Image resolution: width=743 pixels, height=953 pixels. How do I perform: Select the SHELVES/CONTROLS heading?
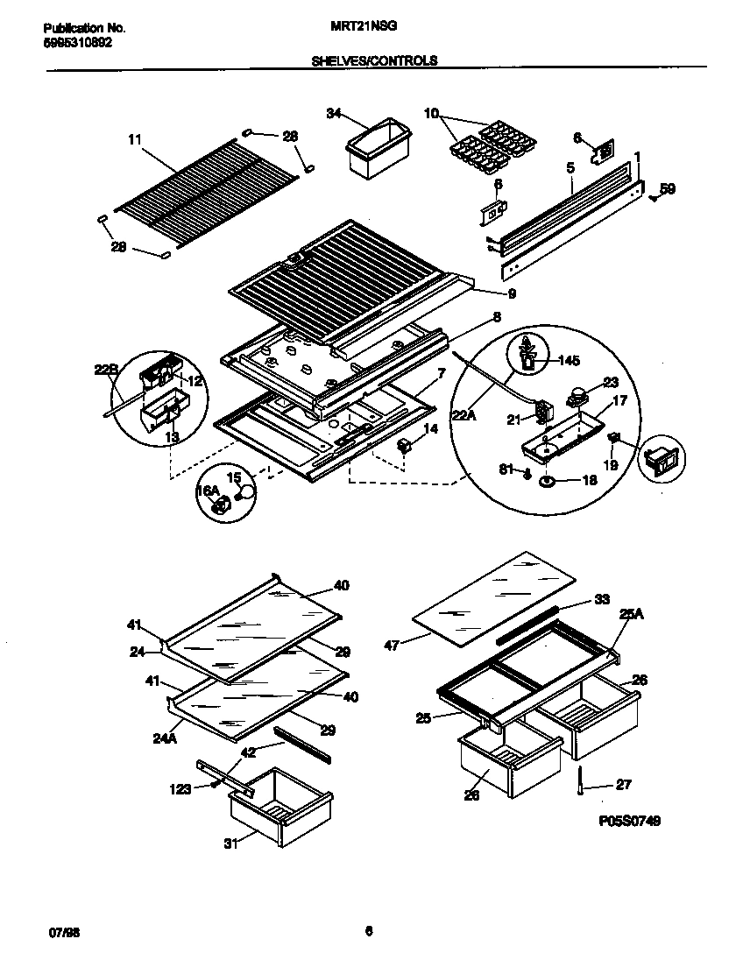(374, 61)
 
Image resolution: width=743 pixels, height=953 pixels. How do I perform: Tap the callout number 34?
(333, 113)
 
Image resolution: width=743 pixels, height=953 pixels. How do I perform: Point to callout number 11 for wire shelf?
(134, 138)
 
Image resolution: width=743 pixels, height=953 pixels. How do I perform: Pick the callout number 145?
(569, 359)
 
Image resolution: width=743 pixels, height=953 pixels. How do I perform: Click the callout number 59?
(667, 188)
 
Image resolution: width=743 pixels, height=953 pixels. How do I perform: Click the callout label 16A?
(207, 491)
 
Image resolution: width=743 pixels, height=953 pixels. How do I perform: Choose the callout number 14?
(430, 429)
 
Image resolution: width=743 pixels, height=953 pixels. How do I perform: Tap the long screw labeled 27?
(580, 780)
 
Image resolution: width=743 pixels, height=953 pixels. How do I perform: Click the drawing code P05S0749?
(630, 821)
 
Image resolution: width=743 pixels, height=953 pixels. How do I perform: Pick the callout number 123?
(180, 789)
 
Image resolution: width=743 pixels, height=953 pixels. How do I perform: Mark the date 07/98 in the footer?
(54, 931)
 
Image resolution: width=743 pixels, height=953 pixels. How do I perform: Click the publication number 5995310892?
(77, 42)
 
